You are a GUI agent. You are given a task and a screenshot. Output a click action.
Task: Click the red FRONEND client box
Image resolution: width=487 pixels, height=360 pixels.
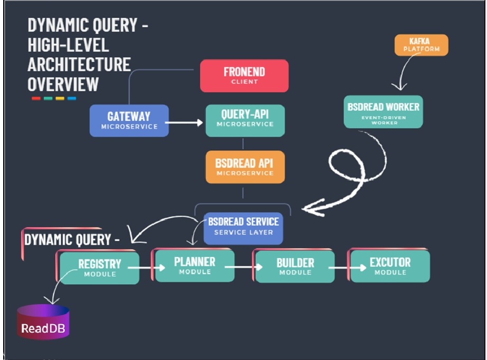(244, 75)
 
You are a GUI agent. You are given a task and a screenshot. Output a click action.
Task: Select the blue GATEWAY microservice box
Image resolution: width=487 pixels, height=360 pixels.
(129, 120)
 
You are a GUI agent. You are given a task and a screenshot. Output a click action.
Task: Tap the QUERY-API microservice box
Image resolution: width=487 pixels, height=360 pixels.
(245, 120)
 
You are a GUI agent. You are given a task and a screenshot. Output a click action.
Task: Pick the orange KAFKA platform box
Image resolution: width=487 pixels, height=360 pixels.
(421, 45)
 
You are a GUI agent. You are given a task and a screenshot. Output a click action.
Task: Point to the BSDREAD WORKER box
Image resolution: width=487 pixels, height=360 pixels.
(383, 111)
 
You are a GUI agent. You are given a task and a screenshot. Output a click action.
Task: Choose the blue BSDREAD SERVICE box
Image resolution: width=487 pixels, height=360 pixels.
(244, 228)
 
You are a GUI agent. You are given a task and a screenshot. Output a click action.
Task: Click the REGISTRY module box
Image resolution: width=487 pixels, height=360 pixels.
(100, 268)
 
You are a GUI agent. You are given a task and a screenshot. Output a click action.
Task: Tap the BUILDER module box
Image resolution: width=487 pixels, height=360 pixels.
(295, 267)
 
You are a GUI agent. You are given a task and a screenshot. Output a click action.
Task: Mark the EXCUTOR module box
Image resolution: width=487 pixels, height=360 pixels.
(390, 266)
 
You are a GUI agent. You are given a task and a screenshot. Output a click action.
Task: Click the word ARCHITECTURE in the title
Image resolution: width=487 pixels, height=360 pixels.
(79, 64)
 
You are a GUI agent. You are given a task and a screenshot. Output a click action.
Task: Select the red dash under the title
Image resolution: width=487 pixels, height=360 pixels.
(36, 98)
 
